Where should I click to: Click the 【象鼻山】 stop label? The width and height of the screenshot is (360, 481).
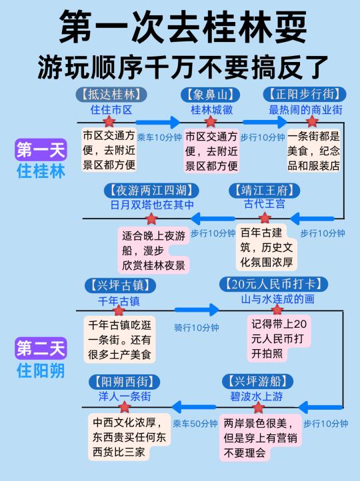210,95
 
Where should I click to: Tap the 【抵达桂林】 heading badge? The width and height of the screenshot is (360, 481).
111,94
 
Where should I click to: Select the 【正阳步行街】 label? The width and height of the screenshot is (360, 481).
305,94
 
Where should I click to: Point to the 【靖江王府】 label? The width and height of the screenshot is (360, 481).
264,191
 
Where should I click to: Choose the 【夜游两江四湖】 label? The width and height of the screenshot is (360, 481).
151,191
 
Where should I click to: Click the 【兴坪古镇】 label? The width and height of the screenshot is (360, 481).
120,286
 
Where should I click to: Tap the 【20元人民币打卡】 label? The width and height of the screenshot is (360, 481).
273,284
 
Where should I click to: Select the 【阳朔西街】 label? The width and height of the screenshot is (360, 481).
125,382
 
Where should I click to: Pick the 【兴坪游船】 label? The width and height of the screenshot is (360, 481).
257,381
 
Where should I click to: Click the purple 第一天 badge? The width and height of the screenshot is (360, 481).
41,150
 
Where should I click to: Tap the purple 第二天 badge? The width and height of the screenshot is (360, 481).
41,348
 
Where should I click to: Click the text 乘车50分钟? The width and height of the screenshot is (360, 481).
195,424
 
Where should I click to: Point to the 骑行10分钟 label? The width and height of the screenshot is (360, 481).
197,328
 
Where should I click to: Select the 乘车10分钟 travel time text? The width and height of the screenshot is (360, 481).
159,137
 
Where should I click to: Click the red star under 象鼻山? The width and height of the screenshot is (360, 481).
211,122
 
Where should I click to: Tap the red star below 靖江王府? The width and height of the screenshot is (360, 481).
265,218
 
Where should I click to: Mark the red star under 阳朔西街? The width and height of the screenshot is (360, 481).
125,407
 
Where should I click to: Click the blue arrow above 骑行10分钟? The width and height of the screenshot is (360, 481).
197,310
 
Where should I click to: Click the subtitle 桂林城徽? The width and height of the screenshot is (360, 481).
212,110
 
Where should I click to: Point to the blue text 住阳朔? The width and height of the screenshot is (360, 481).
41,371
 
